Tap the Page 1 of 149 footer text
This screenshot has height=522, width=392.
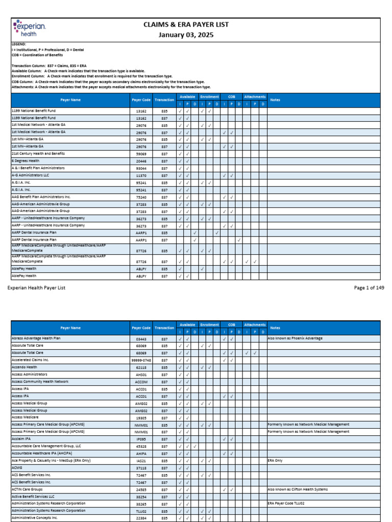tap(369, 288)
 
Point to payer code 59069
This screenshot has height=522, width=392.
tap(141, 153)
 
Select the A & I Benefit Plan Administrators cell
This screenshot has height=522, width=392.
tap(38, 168)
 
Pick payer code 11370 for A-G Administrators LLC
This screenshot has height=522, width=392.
tap(141, 175)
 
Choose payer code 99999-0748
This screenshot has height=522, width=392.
tap(141, 360)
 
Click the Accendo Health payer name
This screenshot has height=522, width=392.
tap(24, 367)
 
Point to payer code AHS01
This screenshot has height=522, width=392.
tap(141, 374)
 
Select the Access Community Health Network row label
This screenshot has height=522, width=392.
tap(40, 381)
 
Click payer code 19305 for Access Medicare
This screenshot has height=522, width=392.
tap(141, 417)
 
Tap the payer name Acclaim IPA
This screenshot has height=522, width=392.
tap(21, 438)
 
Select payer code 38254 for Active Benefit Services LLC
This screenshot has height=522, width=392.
tap(141, 496)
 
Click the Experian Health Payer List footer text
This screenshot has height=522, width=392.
tap(37, 288)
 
